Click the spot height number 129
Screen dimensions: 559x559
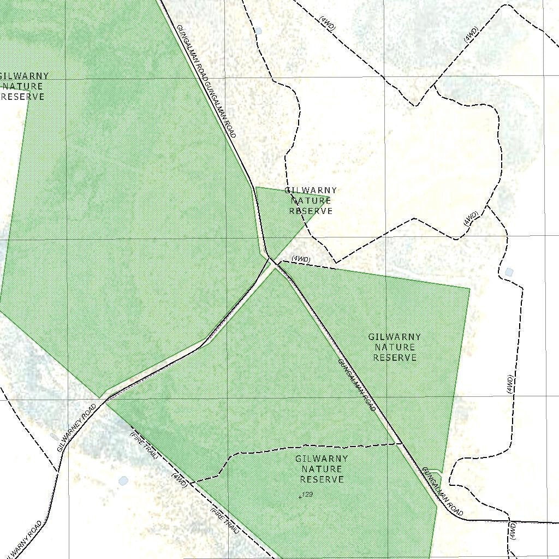(x=307, y=494)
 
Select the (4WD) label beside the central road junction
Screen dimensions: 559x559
(x=301, y=259)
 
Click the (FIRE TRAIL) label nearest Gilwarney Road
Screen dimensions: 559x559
(x=144, y=445)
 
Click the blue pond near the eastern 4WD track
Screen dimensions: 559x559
(x=509, y=272)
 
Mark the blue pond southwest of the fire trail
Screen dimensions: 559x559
(x=123, y=481)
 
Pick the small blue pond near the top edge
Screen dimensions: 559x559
(x=259, y=31)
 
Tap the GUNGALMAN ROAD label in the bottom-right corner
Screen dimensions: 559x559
(x=443, y=492)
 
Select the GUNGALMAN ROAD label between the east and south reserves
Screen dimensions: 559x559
(x=356, y=385)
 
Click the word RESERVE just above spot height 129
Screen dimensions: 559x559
(x=322, y=479)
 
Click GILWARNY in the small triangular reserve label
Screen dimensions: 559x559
(x=311, y=191)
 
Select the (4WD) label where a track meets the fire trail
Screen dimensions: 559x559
(x=180, y=479)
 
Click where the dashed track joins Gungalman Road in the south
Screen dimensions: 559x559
(x=401, y=443)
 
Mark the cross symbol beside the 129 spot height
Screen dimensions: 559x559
(x=300, y=497)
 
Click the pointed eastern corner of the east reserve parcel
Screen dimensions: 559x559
(x=469, y=288)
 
